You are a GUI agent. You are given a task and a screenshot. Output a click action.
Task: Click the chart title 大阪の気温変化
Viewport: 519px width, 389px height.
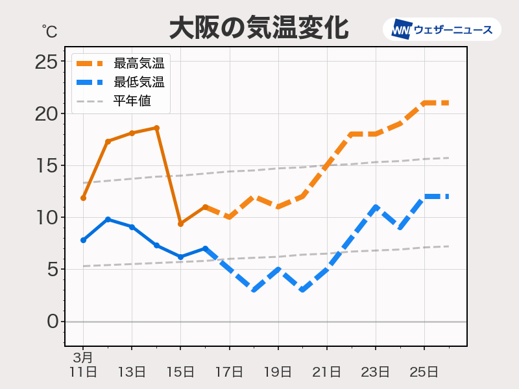[259, 29]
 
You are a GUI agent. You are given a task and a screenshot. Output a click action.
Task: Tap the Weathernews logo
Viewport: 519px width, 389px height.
[442, 29]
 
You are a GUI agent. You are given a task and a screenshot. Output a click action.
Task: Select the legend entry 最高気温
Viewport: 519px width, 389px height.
[139, 64]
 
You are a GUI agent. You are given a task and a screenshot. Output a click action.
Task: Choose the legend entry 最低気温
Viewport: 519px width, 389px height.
[139, 82]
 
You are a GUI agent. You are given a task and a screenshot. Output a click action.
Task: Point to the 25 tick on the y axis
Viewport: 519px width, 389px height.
[47, 62]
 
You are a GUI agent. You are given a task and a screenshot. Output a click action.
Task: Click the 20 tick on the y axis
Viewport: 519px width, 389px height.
[47, 113]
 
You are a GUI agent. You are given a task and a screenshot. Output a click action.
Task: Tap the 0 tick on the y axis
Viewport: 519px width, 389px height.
[53, 322]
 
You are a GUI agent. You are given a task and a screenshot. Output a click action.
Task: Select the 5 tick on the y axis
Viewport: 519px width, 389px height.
[53, 269]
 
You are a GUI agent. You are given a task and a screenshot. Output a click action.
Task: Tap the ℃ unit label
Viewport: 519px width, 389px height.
[49, 31]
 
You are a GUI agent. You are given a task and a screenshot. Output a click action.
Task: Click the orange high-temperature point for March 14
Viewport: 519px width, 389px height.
[156, 128]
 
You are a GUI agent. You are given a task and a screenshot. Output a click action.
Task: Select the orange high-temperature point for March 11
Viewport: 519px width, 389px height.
[83, 198]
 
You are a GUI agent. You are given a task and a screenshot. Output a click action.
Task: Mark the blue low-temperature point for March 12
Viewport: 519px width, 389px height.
[108, 219]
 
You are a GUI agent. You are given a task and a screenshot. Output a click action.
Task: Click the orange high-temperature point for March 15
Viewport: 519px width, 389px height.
[180, 224]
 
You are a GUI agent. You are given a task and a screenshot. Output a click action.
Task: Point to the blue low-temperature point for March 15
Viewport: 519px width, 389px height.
[180, 257]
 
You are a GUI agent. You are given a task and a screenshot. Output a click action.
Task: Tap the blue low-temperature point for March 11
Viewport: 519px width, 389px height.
[83, 240]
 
